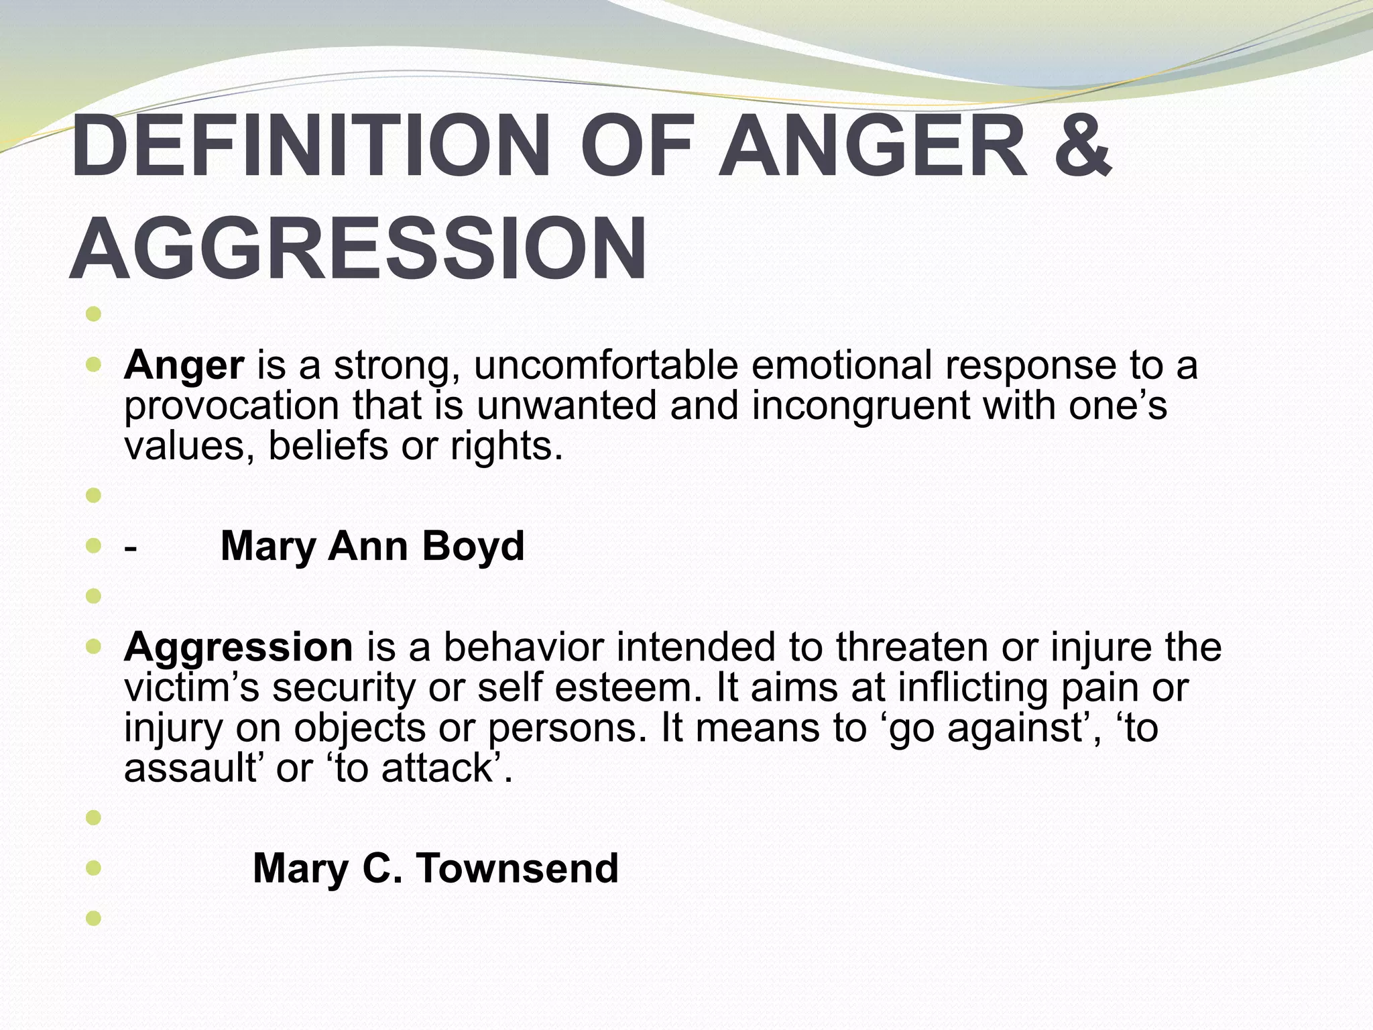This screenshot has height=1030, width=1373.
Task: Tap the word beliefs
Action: click(x=328, y=446)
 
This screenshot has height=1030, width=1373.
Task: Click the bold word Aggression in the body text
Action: click(x=238, y=648)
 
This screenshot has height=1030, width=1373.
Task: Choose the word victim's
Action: click(x=191, y=688)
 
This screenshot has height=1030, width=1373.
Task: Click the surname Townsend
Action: click(x=517, y=869)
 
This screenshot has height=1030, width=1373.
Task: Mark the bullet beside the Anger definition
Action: click(x=94, y=366)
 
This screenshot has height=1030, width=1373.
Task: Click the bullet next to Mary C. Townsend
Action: click(x=94, y=869)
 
